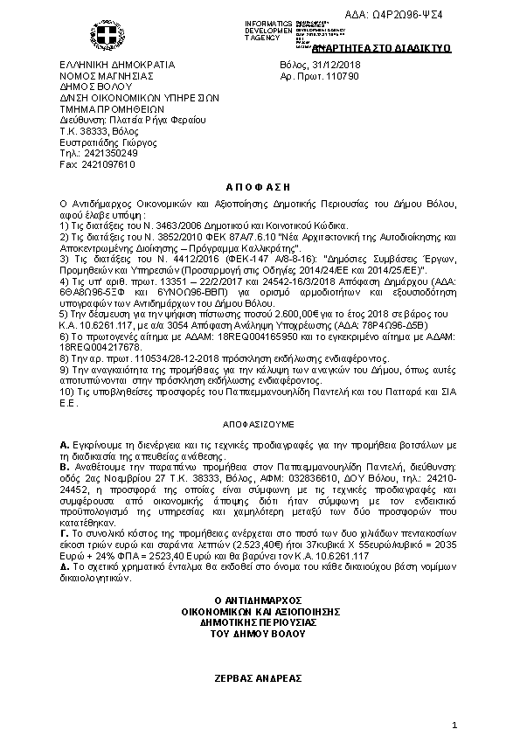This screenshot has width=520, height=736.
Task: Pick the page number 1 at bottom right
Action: click(x=455, y=726)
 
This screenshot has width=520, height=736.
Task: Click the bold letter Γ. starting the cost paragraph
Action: click(x=64, y=530)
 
